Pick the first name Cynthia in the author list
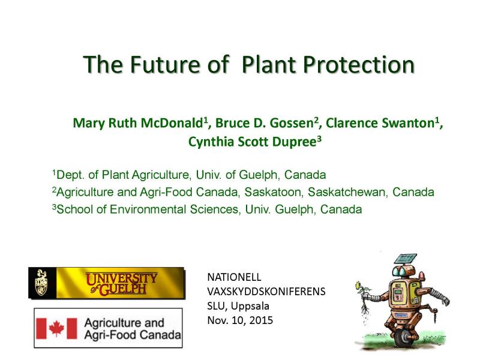pos(211,142)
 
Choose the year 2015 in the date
pos(261,320)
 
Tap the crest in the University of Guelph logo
pos(41,283)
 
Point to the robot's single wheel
pos(397,340)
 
